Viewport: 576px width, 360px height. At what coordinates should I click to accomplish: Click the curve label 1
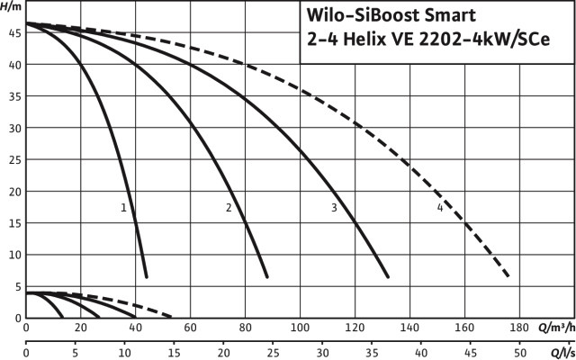click(x=123, y=208)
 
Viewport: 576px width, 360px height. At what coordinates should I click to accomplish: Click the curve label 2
click(x=229, y=208)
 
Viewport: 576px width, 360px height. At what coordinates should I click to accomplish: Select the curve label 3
click(x=334, y=208)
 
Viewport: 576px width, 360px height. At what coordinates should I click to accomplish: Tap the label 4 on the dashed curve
click(x=439, y=208)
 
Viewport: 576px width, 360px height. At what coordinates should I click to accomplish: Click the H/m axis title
click(x=12, y=7)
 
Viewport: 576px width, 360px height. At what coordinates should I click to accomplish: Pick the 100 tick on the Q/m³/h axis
click(x=300, y=328)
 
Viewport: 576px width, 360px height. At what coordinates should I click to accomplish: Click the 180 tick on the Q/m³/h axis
click(x=519, y=328)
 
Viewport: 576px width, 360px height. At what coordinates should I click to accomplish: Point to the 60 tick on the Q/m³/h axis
click(x=190, y=328)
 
